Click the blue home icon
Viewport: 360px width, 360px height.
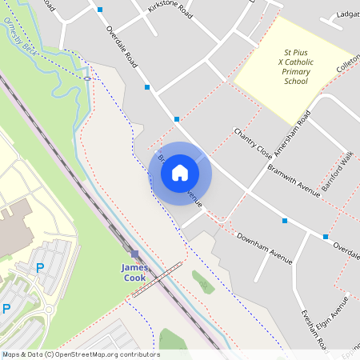[x=180, y=173]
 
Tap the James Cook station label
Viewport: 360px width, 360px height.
[x=134, y=273]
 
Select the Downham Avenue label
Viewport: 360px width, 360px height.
[x=265, y=246]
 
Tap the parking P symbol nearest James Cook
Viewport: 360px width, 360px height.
[x=39, y=268]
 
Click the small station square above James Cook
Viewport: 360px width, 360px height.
[x=134, y=254]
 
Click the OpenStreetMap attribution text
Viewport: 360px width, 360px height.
[x=80, y=354]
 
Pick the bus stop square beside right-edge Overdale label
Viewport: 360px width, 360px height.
[x=326, y=237]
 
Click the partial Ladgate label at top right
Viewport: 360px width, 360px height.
[x=348, y=14]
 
